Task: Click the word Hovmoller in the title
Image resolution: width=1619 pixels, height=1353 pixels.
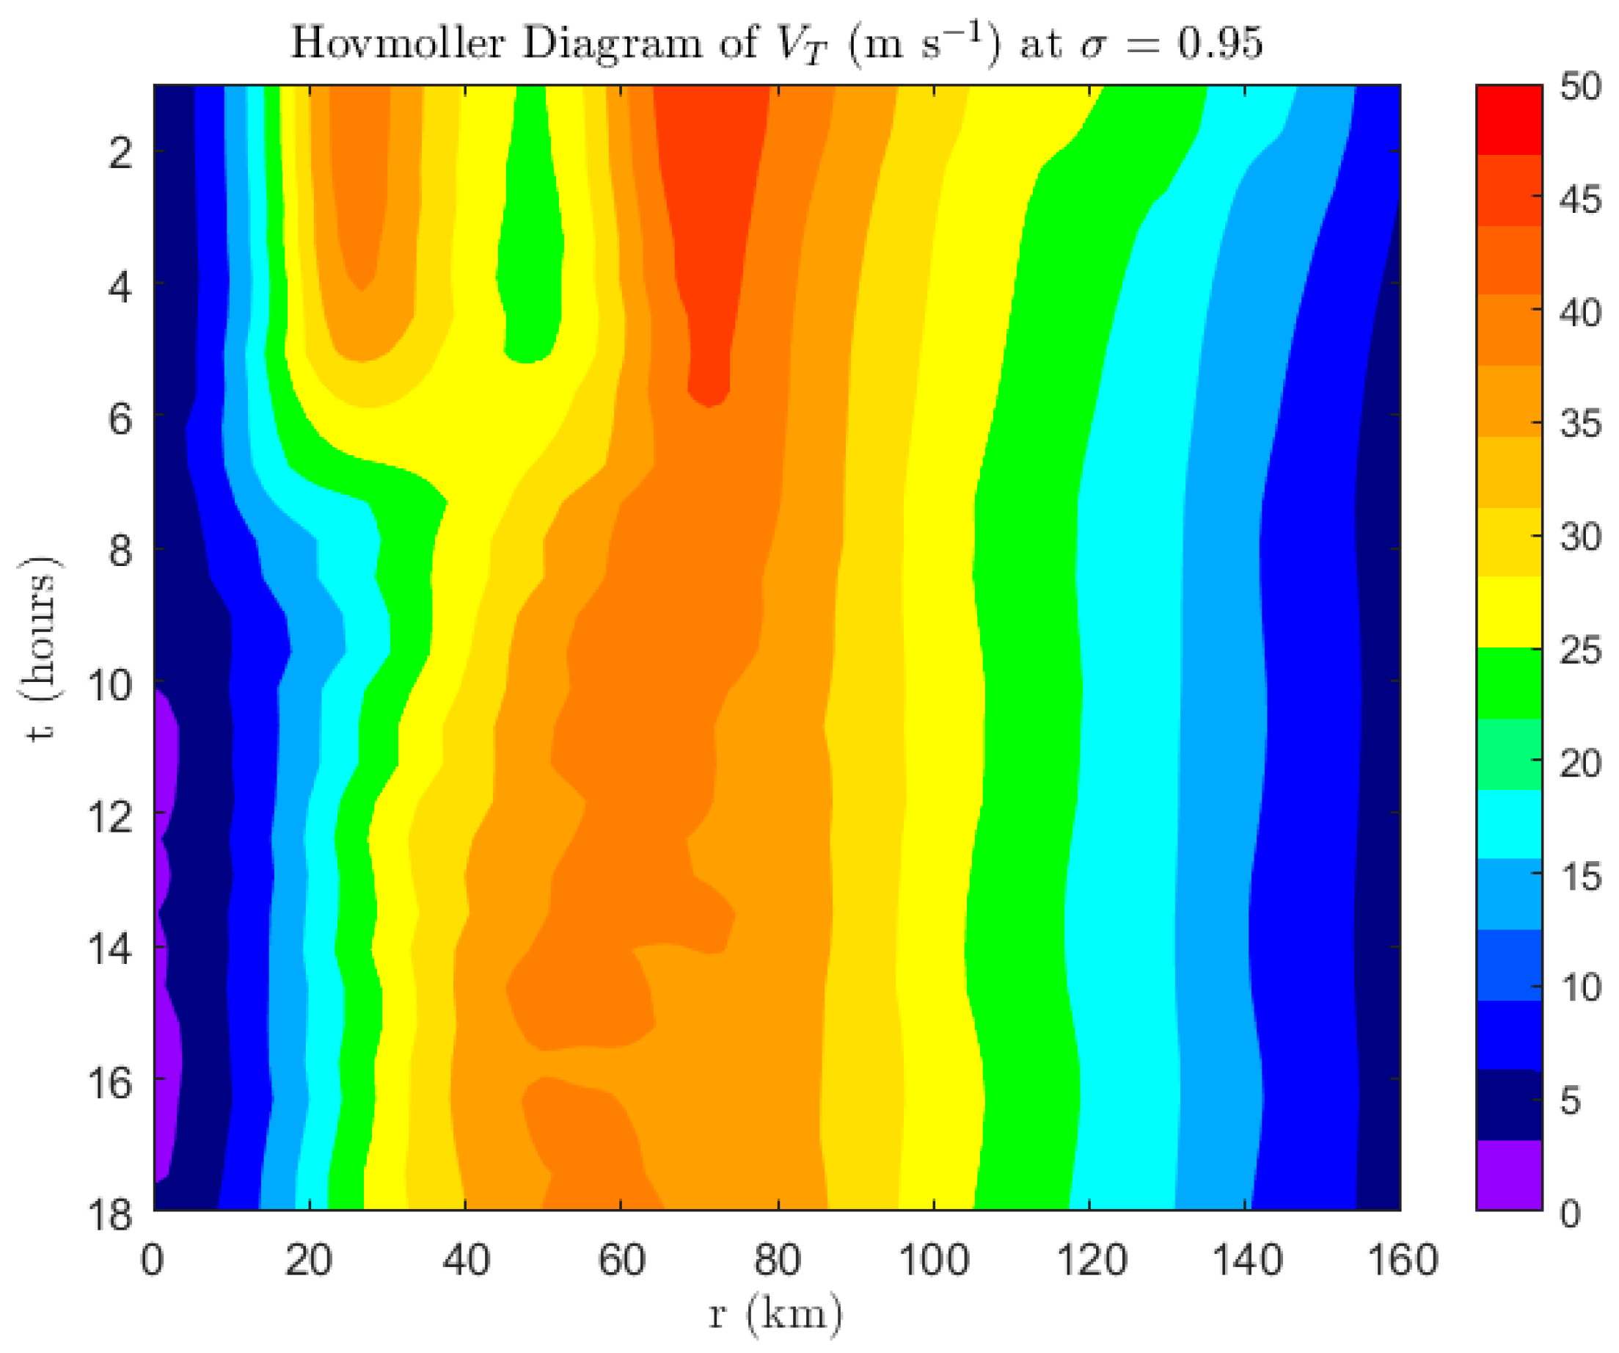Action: click(x=397, y=43)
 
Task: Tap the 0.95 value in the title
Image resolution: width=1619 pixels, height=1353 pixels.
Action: click(x=1221, y=43)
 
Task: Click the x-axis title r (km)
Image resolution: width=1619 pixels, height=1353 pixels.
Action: click(x=775, y=1313)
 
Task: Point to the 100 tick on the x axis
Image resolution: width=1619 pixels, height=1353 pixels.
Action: click(x=934, y=1260)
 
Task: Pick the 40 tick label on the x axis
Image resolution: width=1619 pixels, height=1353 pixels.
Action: click(x=466, y=1260)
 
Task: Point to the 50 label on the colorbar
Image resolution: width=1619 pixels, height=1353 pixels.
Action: click(x=1580, y=87)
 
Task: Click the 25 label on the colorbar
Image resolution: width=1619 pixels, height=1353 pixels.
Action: click(x=1580, y=650)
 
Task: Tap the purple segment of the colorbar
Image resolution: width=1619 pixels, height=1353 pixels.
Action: click(x=1509, y=1174)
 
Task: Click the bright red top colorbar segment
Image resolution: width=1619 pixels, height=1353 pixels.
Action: click(x=1509, y=120)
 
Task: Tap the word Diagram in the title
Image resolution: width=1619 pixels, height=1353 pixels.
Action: click(x=611, y=43)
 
